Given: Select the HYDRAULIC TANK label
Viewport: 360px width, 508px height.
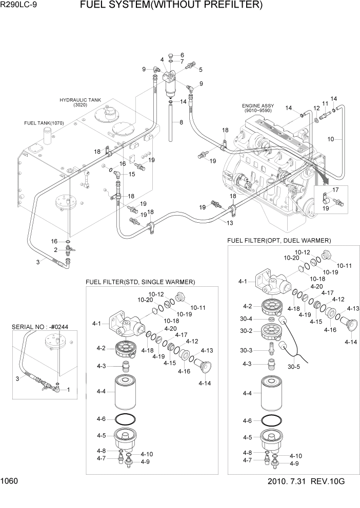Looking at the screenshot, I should [80, 100].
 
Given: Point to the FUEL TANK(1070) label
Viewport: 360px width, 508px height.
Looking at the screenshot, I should [44, 123].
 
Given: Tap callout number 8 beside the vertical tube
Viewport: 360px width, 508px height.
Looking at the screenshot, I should [181, 122].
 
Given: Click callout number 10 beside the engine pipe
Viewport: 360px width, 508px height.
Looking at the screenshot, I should [331, 139].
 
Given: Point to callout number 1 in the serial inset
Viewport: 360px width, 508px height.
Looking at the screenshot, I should [68, 389].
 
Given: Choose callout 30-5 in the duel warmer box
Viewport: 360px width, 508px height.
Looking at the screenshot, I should [293, 367].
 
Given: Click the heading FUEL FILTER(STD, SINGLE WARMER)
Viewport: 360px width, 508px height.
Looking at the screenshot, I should [140, 282].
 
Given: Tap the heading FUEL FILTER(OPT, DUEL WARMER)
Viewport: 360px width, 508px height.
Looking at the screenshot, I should [279, 240].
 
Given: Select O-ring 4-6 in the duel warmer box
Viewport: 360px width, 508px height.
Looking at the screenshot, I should [272, 420].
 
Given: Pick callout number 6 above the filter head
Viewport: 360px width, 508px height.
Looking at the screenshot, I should [182, 55].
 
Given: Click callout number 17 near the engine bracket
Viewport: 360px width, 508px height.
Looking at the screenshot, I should [335, 189].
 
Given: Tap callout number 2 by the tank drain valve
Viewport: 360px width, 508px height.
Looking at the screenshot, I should [55, 250].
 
